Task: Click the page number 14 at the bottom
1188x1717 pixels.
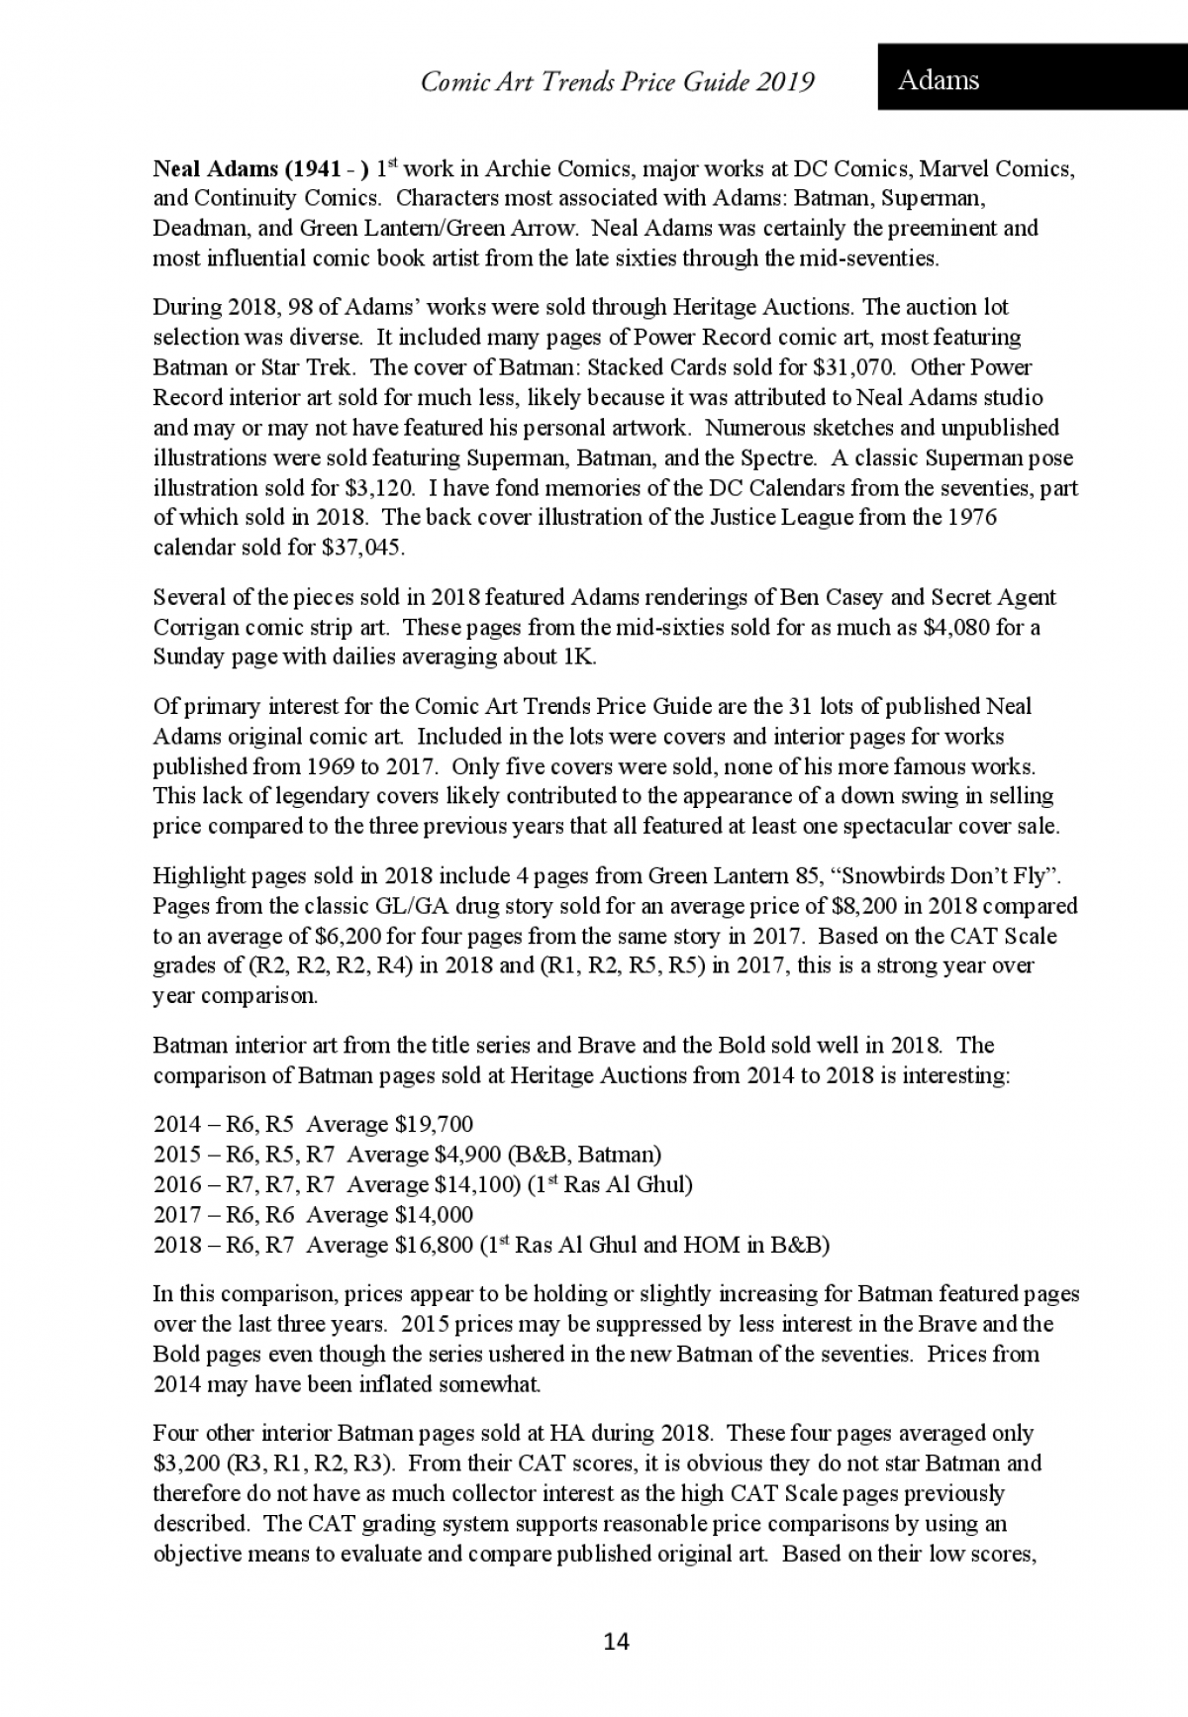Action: coord(616,1642)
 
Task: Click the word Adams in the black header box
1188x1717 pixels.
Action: coord(938,80)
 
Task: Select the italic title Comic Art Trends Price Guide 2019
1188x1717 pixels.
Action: coord(618,81)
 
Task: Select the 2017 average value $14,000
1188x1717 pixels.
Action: coord(434,1214)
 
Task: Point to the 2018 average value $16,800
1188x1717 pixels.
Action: coord(434,1245)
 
